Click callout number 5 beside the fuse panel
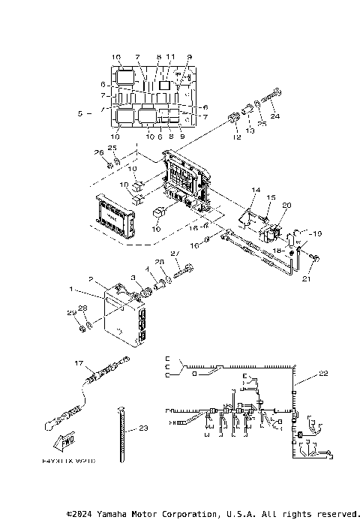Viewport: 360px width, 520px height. (x=79, y=113)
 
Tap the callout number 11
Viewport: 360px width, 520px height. (x=171, y=57)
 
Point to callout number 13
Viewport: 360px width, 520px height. (x=250, y=131)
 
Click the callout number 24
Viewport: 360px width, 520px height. (x=274, y=116)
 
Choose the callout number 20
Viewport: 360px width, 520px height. (x=286, y=205)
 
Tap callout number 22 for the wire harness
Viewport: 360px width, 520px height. (x=324, y=373)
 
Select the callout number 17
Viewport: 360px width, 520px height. (x=78, y=362)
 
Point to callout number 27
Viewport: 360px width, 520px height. (x=175, y=254)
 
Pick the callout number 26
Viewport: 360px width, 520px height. (x=98, y=153)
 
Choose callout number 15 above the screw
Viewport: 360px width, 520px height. (x=271, y=197)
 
